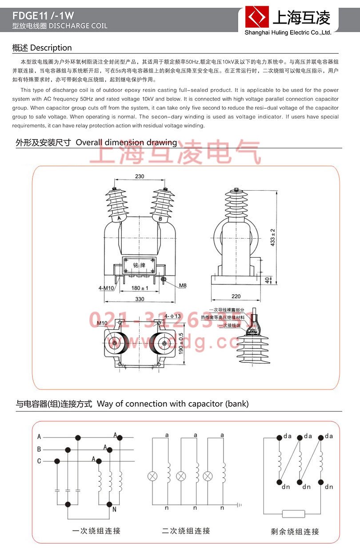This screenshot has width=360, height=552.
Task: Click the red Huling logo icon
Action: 258,18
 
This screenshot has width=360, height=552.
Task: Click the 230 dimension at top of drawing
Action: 140,176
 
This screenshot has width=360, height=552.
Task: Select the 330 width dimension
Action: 140,299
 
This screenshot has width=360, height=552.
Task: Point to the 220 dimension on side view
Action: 236,296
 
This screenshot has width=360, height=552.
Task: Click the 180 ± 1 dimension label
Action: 140,288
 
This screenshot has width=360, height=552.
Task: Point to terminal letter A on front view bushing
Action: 119,219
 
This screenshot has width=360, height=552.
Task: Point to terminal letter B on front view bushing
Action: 160,219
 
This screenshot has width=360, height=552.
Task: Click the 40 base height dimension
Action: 267,280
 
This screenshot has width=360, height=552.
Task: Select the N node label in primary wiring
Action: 114,510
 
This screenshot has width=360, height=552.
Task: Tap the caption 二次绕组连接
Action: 186,531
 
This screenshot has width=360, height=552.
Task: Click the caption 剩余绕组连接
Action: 295,531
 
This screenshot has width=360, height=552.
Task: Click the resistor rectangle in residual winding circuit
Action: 294,514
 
